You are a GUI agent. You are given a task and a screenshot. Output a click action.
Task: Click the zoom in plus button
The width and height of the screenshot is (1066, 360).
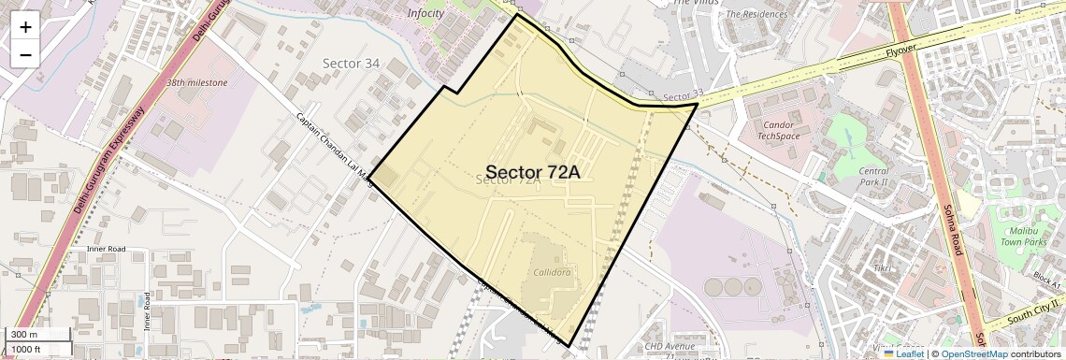[x=25, y=26]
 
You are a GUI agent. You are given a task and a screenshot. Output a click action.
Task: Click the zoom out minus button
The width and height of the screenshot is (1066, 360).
[x=25, y=54]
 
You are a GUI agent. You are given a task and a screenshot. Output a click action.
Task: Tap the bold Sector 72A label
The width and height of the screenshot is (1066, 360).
[x=533, y=172]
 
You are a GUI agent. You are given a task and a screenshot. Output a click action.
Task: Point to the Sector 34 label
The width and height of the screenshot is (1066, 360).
[x=351, y=64]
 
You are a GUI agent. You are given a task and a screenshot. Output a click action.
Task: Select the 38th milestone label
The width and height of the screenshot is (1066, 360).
[x=196, y=82]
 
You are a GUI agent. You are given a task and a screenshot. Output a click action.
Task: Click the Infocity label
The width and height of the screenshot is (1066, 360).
[x=426, y=13]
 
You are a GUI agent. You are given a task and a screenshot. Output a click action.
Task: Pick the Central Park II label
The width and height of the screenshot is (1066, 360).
[x=873, y=177]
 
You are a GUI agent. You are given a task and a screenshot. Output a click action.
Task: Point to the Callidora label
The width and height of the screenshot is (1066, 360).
[x=552, y=272]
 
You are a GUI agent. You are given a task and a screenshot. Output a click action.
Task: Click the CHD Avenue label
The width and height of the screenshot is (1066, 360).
[x=670, y=347]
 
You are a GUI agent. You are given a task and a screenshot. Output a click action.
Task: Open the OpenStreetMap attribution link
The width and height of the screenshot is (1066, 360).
[x=973, y=354]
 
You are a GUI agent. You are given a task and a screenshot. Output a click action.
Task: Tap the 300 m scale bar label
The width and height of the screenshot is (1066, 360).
[x=26, y=335]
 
